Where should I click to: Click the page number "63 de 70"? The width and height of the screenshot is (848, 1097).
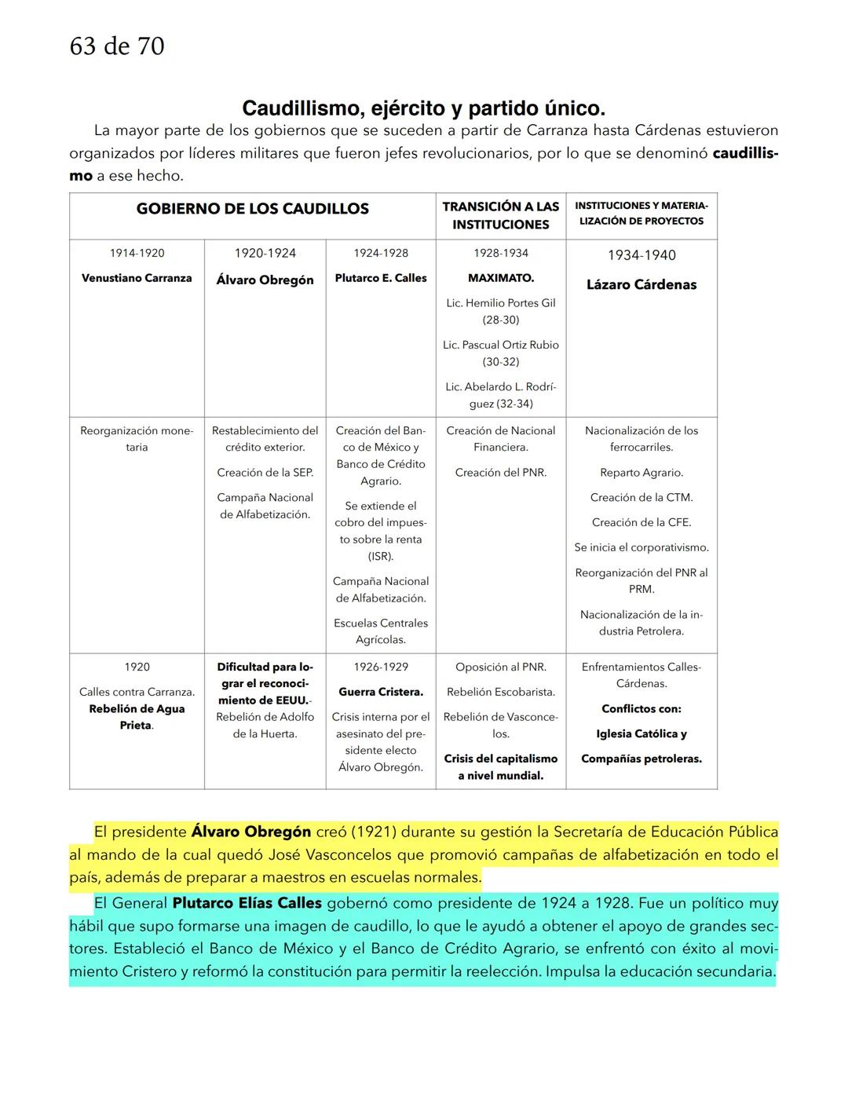117,47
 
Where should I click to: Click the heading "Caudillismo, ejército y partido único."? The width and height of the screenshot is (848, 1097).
423,108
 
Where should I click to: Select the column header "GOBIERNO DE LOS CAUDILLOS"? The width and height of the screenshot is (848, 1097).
252,209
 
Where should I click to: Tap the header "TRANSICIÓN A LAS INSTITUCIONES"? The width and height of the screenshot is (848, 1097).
500,216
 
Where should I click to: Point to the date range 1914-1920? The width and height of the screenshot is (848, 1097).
137,253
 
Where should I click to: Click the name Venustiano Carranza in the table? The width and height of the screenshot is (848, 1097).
137,278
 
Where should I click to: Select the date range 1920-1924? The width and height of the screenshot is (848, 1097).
265,253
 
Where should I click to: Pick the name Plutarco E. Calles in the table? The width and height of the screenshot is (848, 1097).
381,278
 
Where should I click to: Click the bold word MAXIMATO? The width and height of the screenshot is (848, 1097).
500,278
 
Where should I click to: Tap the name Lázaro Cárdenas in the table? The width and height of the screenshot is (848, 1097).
641,284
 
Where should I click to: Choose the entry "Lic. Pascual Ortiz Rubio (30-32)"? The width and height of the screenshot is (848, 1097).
500,353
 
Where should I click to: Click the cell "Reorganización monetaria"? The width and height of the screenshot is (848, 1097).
137,439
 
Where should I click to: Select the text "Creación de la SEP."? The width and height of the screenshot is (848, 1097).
265,472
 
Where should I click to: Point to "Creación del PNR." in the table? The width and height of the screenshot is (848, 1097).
500,472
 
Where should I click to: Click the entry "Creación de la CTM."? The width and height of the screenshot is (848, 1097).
641,497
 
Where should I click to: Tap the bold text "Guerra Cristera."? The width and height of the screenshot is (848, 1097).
381,692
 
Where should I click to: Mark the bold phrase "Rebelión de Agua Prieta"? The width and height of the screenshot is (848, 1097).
137,717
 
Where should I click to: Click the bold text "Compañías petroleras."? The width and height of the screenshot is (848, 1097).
641,759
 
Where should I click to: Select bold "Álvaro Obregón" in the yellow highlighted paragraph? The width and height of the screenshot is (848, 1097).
250,832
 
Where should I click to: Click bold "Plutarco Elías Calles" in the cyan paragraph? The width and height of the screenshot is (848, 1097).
247,904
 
